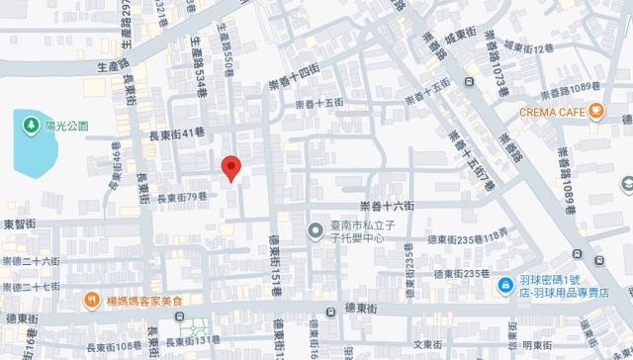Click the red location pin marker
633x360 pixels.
click(x=230, y=169)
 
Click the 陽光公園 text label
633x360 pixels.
click(x=67, y=126)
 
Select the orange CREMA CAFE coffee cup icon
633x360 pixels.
click(x=596, y=112)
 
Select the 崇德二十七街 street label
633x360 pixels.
click(x=31, y=286)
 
